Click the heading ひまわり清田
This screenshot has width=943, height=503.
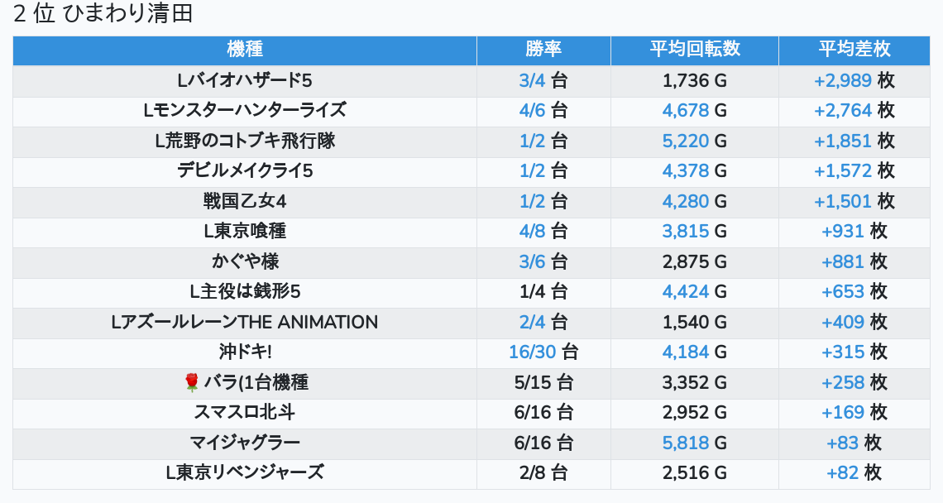pyautogui.click(x=103, y=14)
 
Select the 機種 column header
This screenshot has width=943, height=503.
pyautogui.click(x=244, y=49)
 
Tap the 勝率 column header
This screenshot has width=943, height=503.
pyautogui.click(x=543, y=49)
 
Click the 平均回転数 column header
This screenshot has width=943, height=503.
pyautogui.click(x=694, y=49)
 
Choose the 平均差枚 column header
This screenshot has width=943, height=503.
pyautogui.click(x=854, y=49)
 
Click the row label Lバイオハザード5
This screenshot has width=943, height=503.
pyautogui.click(x=244, y=80)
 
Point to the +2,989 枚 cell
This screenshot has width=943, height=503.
pyautogui.click(x=854, y=80)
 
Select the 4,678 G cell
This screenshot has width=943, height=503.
pyautogui.click(x=694, y=110)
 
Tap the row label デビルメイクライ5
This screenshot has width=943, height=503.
pyautogui.click(x=244, y=170)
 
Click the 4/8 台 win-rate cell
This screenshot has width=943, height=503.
pyautogui.click(x=543, y=231)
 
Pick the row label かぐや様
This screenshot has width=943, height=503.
pyautogui.click(x=244, y=261)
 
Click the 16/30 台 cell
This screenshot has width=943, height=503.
pyautogui.click(x=543, y=352)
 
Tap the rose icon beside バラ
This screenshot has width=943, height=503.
pyautogui.click(x=192, y=382)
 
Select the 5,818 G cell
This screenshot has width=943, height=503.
pyautogui.click(x=694, y=443)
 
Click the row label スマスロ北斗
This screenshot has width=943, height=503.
pyautogui.click(x=244, y=412)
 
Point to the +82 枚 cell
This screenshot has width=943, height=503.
pyautogui.click(x=854, y=472)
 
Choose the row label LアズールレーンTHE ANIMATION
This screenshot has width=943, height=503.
pyautogui.click(x=244, y=322)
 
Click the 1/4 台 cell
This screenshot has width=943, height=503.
pyautogui.click(x=543, y=291)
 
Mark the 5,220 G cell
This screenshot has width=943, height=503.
pyautogui.click(x=694, y=141)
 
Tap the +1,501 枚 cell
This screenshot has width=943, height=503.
pyautogui.click(x=854, y=201)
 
